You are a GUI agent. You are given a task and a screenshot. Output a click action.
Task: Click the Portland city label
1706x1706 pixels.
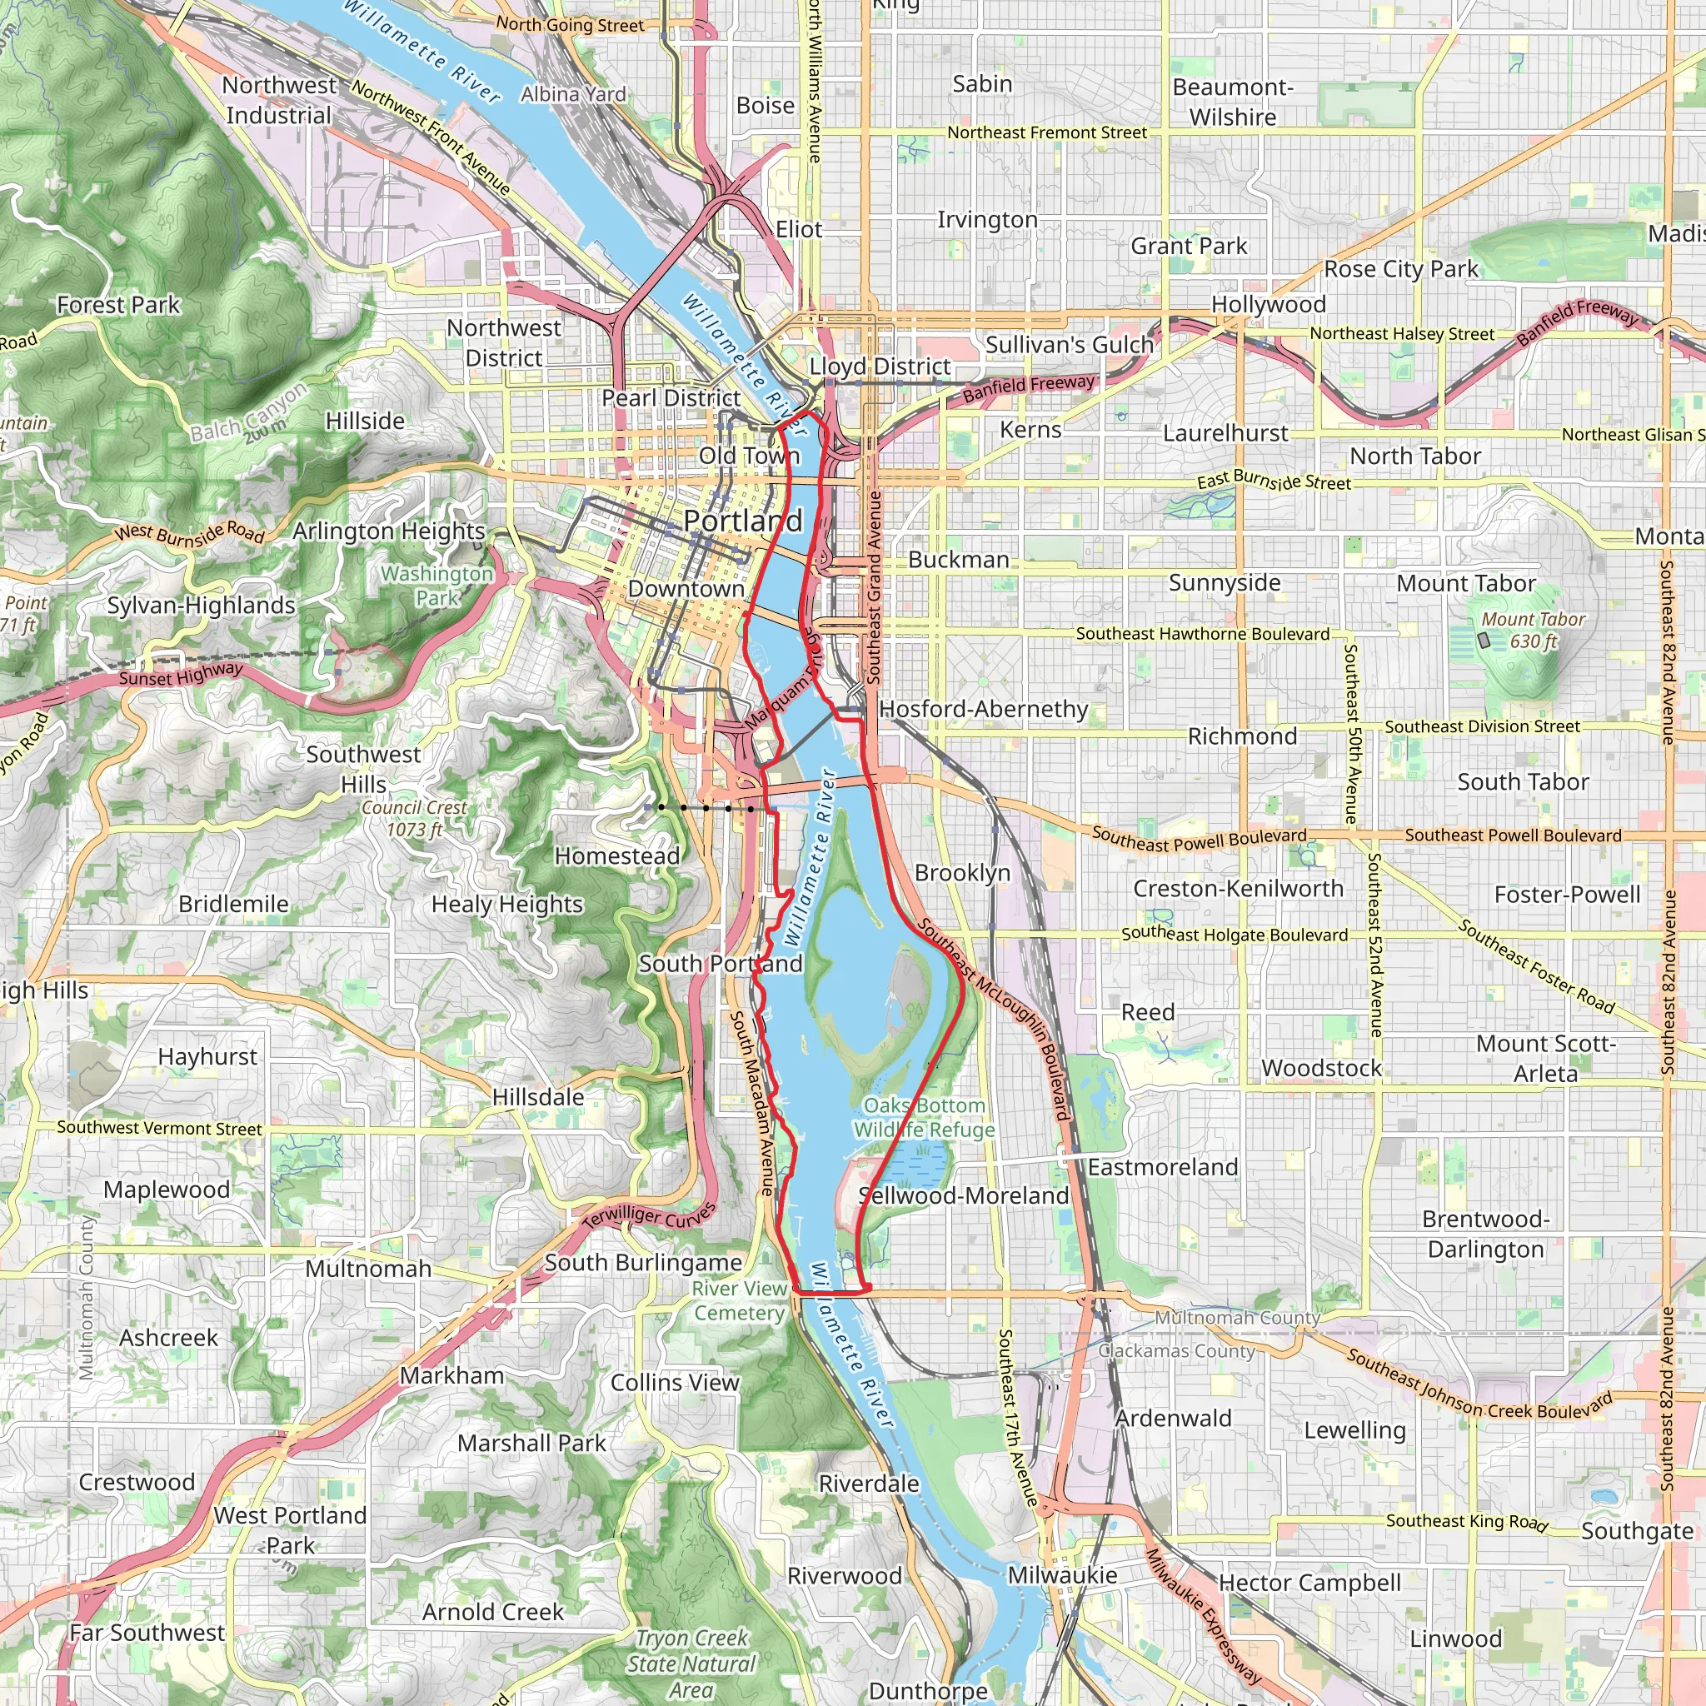coord(741,521)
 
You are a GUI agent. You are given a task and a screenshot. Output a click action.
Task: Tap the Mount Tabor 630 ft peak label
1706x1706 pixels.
coord(1533,631)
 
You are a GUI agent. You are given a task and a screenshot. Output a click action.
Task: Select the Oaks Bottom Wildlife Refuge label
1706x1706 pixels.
coord(924,1117)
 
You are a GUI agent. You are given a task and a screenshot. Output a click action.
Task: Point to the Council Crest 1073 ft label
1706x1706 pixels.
coord(414,818)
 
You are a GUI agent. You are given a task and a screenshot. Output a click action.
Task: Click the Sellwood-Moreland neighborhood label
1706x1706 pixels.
coord(964,1195)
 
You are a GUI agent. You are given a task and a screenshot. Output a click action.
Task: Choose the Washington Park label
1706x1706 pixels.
coord(437,586)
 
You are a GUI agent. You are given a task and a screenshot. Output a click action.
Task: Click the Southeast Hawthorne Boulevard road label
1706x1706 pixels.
coord(1202,634)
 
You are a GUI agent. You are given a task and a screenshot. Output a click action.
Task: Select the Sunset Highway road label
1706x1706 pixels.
coord(180,676)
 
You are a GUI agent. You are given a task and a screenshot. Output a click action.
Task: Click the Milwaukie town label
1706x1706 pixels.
coord(1062,1575)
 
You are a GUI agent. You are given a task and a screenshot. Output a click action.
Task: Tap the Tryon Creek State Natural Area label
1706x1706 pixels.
coord(691,1664)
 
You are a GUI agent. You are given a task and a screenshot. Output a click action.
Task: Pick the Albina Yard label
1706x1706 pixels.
coord(573,93)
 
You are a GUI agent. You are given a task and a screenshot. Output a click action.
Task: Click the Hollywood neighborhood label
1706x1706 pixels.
coord(1268,305)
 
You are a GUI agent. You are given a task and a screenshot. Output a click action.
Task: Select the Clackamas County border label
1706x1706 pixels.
coord(1175,1351)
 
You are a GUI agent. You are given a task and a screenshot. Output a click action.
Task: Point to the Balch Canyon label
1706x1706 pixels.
coord(249,412)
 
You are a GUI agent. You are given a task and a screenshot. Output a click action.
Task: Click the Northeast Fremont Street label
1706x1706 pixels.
coord(1046,132)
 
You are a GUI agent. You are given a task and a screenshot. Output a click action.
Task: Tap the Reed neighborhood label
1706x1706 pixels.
coord(1147,1012)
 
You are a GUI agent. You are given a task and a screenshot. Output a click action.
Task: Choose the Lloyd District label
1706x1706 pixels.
coord(880,366)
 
